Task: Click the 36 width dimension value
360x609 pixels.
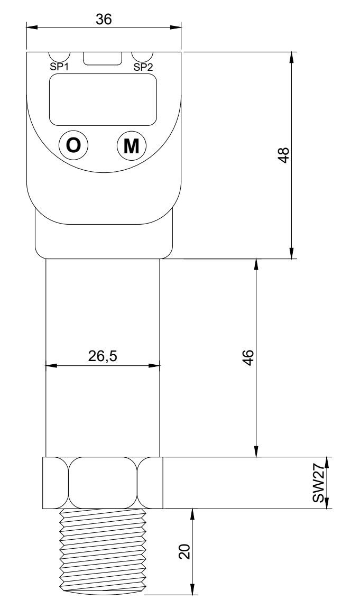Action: (104, 20)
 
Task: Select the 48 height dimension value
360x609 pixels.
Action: (284, 155)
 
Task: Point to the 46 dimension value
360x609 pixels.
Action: (248, 357)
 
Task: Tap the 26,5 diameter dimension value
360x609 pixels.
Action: (103, 356)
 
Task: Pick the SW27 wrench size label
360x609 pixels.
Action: (318, 487)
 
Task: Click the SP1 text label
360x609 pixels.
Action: (59, 67)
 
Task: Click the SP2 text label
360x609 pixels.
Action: (143, 67)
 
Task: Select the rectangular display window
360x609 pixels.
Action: (104, 99)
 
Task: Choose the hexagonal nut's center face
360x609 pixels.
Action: (104, 483)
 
